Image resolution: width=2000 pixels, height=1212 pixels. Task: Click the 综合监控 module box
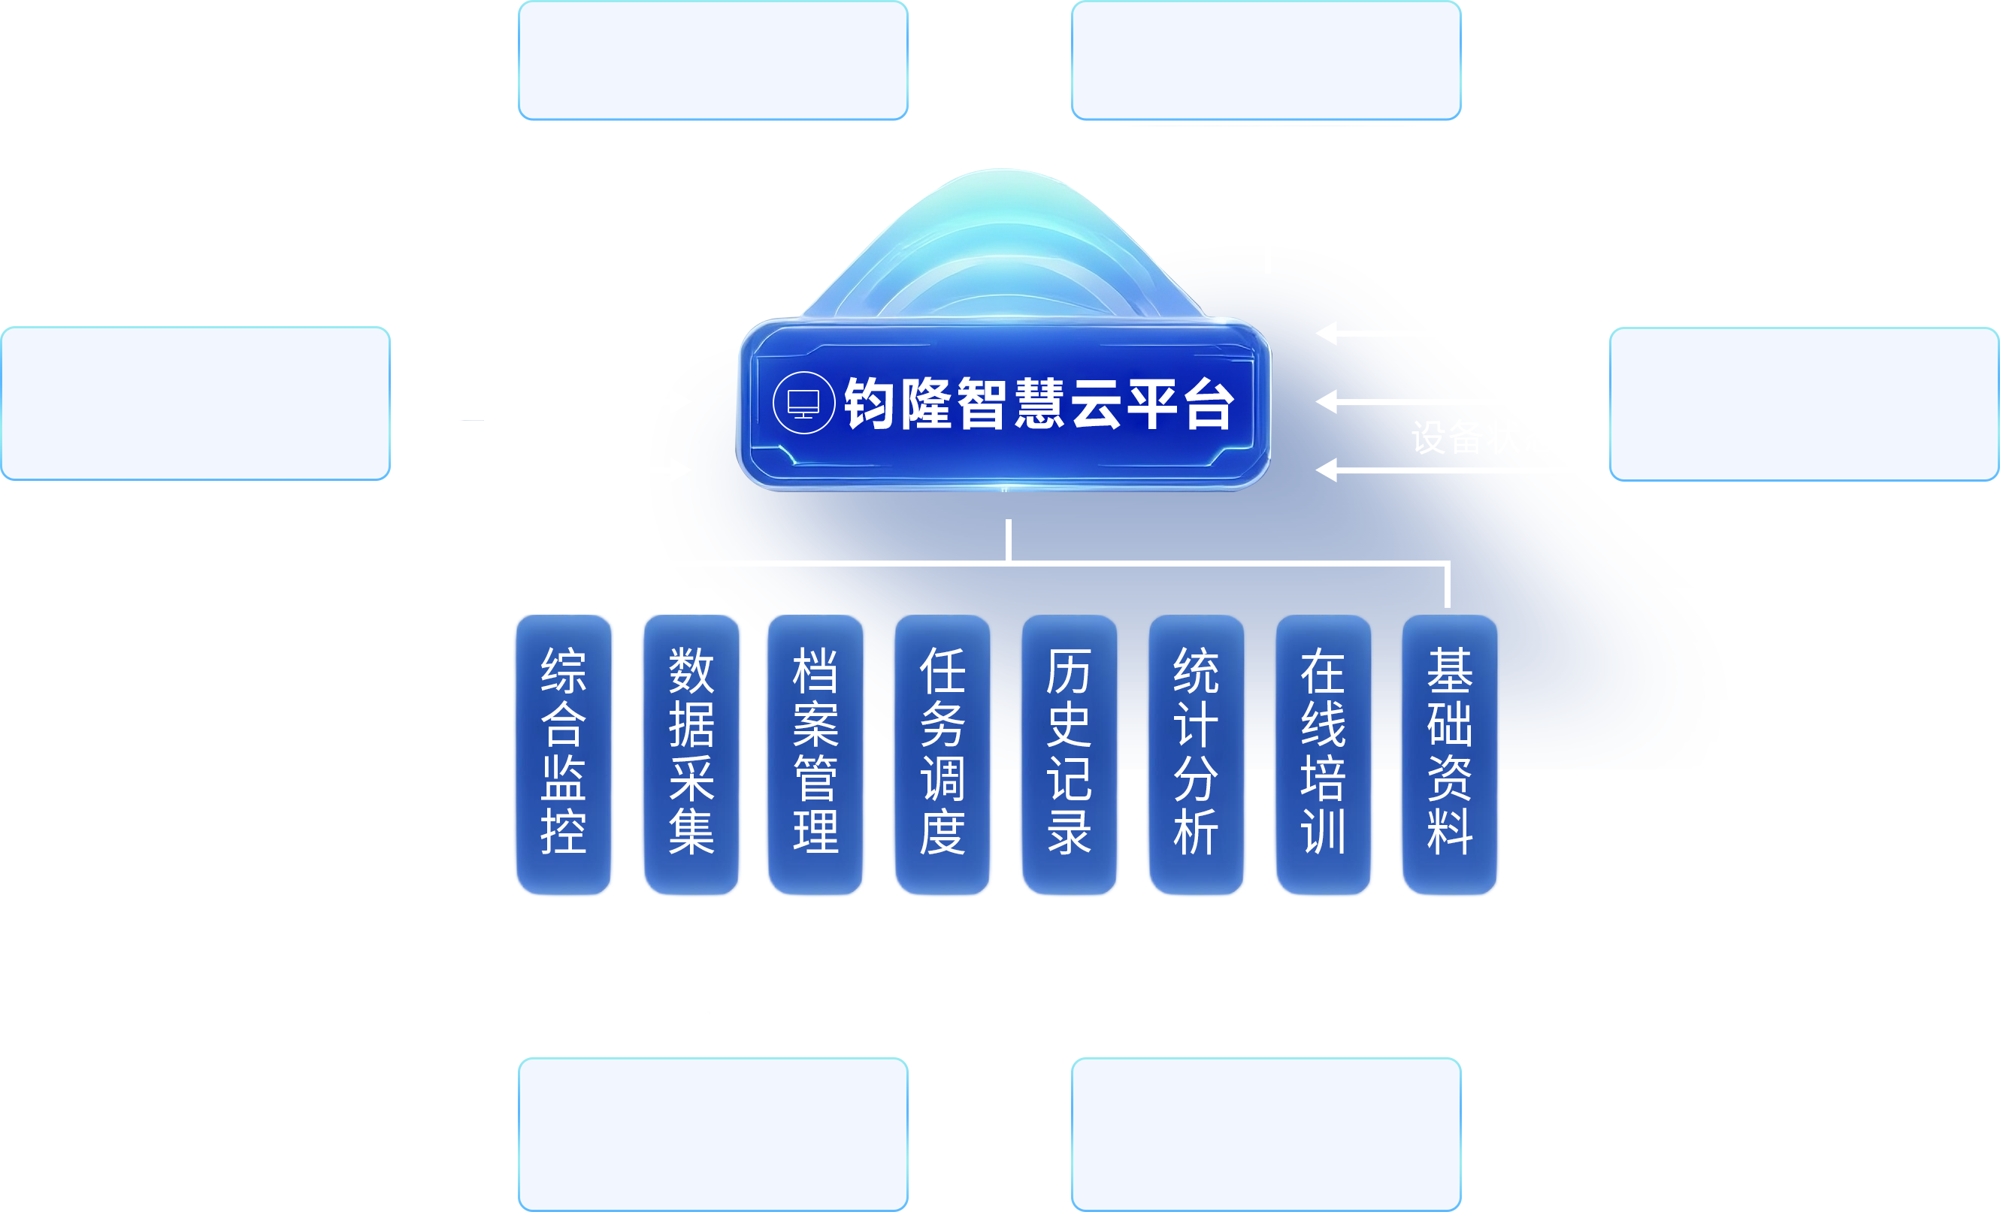pos(563,754)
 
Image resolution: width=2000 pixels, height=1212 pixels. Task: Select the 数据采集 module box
pos(691,754)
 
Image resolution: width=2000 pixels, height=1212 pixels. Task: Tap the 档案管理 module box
pos(815,754)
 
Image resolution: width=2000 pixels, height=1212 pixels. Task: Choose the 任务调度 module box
pos(943,754)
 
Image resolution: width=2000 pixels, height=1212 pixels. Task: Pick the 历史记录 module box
pos(1069,754)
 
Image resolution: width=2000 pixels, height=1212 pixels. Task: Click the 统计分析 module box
pos(1196,754)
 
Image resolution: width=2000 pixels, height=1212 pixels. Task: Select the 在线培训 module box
pos(1323,754)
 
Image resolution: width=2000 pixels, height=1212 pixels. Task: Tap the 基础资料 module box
pos(1450,754)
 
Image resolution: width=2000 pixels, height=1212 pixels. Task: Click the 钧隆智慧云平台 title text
pos(1039,403)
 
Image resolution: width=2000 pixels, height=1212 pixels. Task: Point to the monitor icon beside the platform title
pos(803,403)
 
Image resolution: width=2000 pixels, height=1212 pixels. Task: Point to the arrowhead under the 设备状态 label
pos(1327,470)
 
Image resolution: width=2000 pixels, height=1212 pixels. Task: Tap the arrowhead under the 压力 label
pos(1327,400)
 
